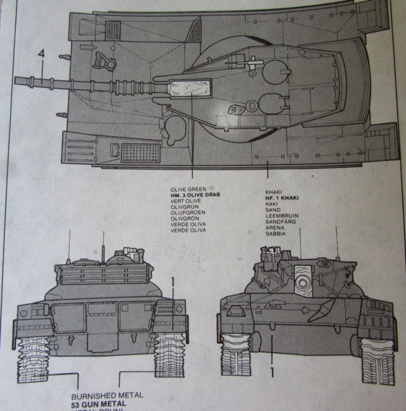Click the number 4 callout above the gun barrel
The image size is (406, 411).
pyautogui.click(x=41, y=55)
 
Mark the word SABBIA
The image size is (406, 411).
pyautogui.click(x=275, y=234)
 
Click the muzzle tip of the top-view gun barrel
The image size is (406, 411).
pyautogui.click(x=15, y=80)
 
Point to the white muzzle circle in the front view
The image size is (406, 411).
pyautogui.click(x=303, y=279)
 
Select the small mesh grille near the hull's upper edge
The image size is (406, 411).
pyautogui.click(x=112, y=28)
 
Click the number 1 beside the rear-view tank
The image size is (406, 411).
pyautogui.click(x=171, y=280)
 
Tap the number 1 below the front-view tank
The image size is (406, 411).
pyautogui.click(x=272, y=372)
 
